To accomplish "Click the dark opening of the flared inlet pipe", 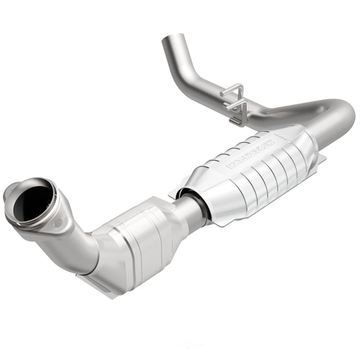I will (35, 201).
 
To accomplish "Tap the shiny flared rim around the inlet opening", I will (52, 187).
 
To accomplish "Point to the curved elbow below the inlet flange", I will (84, 244).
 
